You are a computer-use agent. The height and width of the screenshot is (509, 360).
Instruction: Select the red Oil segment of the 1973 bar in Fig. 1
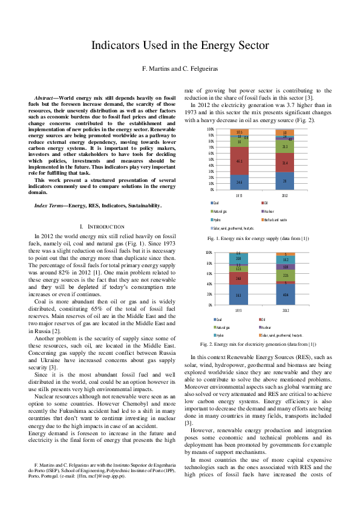(x=239, y=162)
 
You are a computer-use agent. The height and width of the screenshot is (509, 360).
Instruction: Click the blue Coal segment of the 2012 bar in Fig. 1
(x=285, y=181)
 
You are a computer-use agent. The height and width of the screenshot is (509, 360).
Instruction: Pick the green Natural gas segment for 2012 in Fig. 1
(x=285, y=146)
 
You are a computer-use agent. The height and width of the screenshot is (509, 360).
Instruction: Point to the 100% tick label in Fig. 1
(x=209, y=129)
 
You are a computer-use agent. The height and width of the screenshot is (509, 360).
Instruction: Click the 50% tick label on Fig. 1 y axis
(x=210, y=159)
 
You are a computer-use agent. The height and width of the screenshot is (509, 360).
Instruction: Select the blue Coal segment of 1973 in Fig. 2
(x=239, y=295)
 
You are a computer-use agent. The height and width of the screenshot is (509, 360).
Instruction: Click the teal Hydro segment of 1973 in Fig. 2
(x=239, y=276)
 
